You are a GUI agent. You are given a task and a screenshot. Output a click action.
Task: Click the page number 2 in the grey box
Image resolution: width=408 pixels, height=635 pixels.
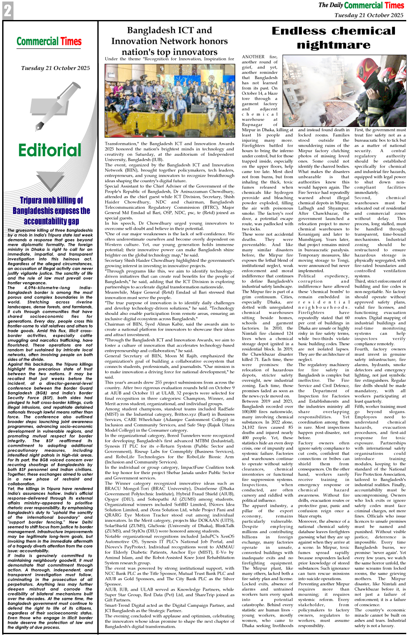click(7, 11)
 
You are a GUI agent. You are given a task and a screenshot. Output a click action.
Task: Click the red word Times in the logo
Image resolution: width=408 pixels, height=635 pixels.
click(70, 42)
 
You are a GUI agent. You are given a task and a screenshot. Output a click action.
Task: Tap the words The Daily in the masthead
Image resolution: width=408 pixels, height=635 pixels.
click(330, 5)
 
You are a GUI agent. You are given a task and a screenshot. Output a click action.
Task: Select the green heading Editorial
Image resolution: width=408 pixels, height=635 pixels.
click(50, 150)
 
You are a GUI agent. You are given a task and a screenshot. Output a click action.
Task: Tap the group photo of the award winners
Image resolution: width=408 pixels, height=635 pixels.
click(169, 100)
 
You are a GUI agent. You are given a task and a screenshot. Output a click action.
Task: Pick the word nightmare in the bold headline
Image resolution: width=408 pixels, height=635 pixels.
click(334, 45)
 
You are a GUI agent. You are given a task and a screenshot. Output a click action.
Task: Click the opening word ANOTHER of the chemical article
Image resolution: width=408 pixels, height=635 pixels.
click(253, 57)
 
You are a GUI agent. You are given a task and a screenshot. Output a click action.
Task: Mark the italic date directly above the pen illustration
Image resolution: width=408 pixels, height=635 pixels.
click(56, 68)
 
